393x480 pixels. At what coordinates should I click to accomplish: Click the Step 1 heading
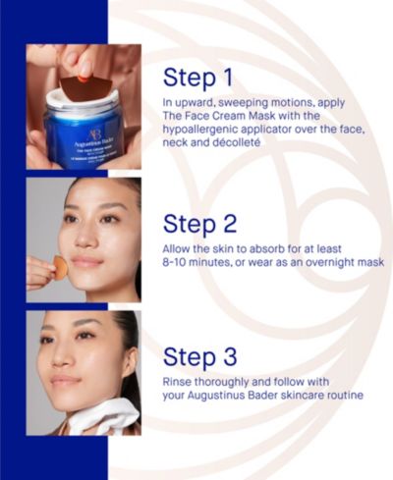[x=197, y=79]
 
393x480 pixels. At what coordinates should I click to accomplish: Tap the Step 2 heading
[x=199, y=224]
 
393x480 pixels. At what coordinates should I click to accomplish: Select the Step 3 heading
[x=199, y=357]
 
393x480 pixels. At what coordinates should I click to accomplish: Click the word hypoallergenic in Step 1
[x=200, y=130]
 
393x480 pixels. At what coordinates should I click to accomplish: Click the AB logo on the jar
[x=91, y=134]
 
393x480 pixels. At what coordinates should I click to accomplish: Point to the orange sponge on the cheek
[x=60, y=266]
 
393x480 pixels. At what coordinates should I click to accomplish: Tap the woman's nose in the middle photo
[x=84, y=239]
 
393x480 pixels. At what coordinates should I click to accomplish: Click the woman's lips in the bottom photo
[x=65, y=381]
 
